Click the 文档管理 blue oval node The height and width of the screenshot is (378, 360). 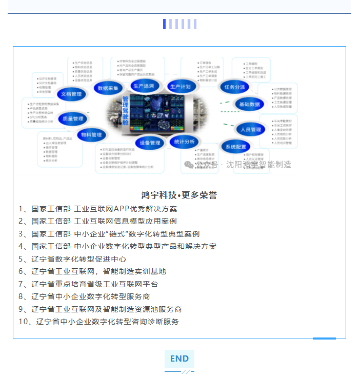click(71, 94)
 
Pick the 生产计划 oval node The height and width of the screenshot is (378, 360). click(181, 87)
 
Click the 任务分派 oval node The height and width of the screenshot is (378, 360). click(234, 87)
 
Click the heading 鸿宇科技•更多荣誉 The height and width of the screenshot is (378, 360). click(179, 195)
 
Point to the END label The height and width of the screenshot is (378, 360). click(179, 359)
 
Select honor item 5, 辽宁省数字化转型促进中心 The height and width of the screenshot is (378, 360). click(72, 259)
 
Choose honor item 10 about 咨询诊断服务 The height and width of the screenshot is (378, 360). click(98, 322)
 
